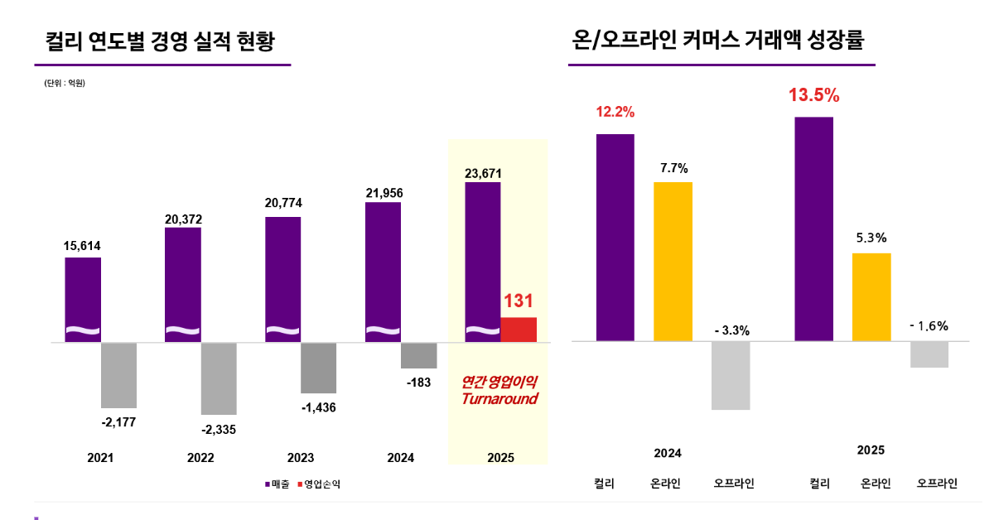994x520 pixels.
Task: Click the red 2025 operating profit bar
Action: click(x=519, y=329)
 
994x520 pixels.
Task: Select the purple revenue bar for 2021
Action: click(x=83, y=299)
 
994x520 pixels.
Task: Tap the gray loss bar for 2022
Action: click(x=219, y=378)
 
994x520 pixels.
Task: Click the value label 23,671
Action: click(x=483, y=173)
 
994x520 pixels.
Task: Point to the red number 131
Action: click(x=519, y=301)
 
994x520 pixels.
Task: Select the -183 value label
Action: click(x=418, y=383)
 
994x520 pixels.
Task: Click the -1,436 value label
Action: click(x=318, y=407)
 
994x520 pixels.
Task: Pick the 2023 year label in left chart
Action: click(x=301, y=458)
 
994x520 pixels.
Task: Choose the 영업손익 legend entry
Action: click(x=318, y=484)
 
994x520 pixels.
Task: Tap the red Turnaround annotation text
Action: click(x=499, y=391)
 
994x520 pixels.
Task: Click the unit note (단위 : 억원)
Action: click(x=65, y=84)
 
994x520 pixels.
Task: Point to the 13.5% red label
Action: click(x=813, y=96)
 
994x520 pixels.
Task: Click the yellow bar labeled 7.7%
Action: click(x=673, y=261)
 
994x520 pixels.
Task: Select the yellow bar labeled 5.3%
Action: click(x=871, y=296)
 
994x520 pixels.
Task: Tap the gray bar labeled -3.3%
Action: click(x=731, y=375)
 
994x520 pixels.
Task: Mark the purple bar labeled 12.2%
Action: click(x=615, y=237)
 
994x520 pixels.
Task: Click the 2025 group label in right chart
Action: click(x=871, y=450)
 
